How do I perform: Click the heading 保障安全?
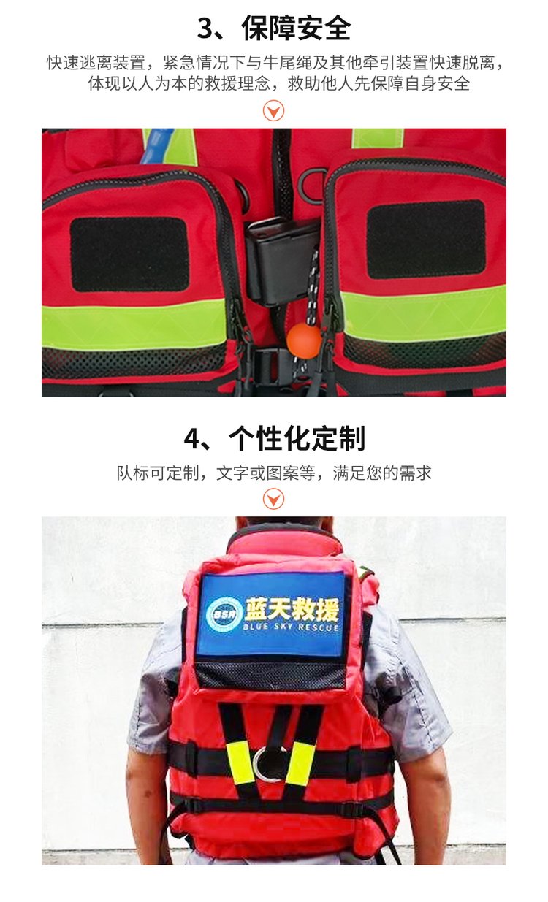click(x=296, y=28)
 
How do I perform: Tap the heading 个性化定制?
click(x=297, y=438)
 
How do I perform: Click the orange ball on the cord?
click(x=304, y=340)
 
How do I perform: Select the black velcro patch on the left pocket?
click(x=130, y=254)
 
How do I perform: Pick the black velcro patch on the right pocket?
click(x=426, y=239)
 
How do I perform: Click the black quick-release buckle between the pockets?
click(x=282, y=261)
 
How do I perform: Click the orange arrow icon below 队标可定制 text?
click(x=273, y=499)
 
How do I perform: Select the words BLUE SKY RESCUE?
click(x=291, y=627)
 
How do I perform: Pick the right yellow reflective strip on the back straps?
click(x=300, y=763)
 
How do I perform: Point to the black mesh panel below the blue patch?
click(x=270, y=674)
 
